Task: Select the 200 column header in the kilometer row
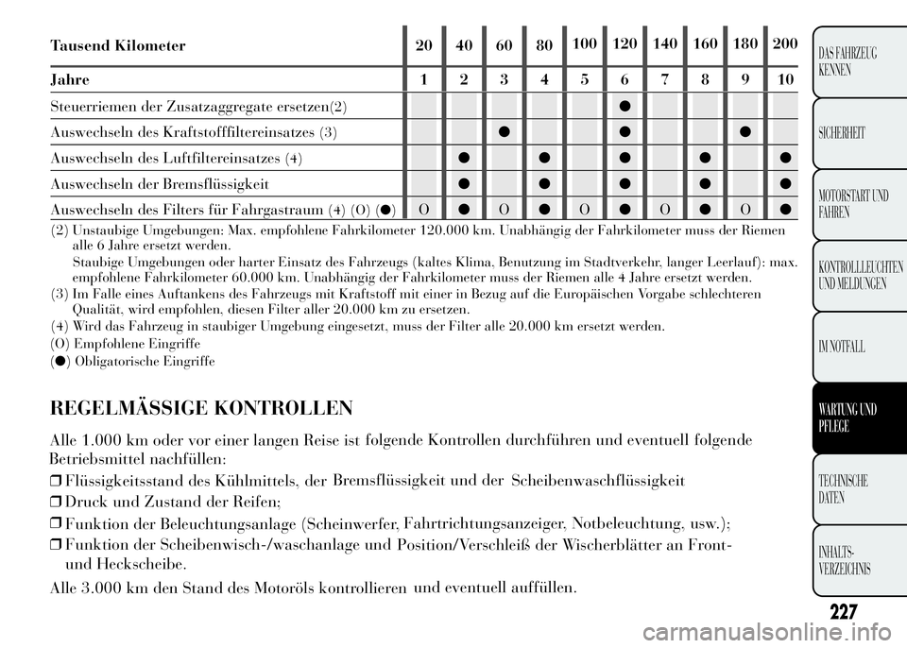coord(784,44)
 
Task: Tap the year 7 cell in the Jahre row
coord(665,80)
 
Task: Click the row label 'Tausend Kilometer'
coord(117,45)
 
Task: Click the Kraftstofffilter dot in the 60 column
coord(505,130)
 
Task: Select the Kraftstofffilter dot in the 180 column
coord(744,130)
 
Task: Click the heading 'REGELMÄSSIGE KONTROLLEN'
coord(201,408)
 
